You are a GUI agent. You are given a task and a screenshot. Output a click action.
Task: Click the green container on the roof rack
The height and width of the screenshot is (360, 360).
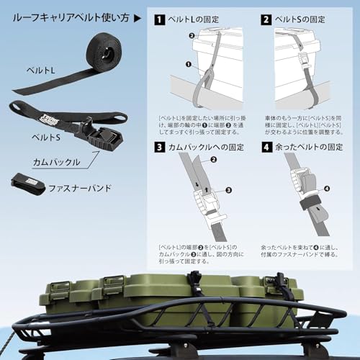click(173, 299)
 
